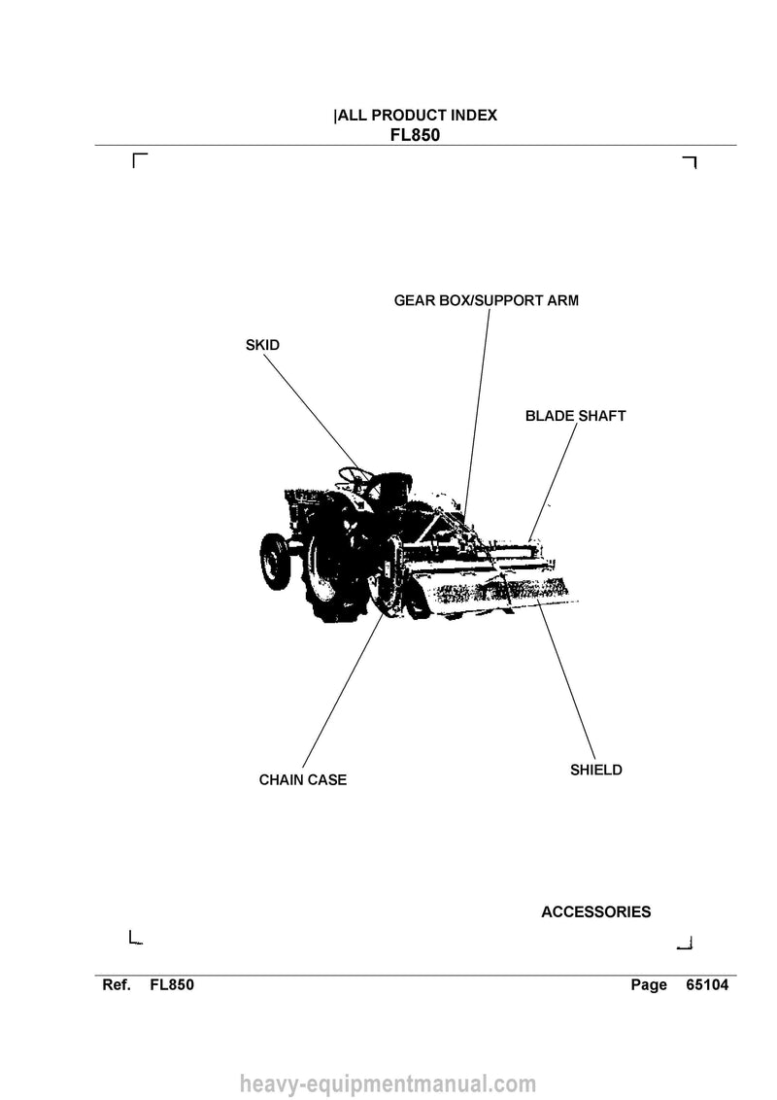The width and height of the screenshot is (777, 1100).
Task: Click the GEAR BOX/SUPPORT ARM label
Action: click(x=486, y=301)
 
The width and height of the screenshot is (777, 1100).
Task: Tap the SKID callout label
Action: click(x=262, y=345)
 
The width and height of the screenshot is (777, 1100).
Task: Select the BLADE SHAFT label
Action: click(x=576, y=416)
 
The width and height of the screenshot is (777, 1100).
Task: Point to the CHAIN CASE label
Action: click(x=303, y=780)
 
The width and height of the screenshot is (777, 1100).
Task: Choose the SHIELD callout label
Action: click(x=596, y=771)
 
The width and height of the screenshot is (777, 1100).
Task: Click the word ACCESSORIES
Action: click(x=596, y=912)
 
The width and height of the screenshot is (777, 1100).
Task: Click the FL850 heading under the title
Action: click(x=415, y=135)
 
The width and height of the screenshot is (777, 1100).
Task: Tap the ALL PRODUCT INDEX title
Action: click(x=418, y=116)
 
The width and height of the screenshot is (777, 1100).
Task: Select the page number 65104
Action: click(x=707, y=985)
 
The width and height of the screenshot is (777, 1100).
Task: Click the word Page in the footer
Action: click(x=649, y=985)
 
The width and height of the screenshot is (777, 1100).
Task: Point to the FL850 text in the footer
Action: click(x=172, y=985)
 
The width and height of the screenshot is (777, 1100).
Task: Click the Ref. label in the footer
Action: click(x=117, y=985)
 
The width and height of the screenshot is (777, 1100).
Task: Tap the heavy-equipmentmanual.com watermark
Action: click(x=388, y=1084)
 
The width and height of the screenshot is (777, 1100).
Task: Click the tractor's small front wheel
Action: click(x=276, y=561)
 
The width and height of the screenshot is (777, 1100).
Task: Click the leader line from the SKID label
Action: click(x=312, y=413)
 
